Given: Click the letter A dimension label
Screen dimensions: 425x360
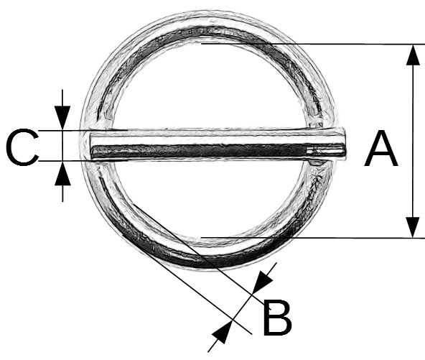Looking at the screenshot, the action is (x=381, y=149).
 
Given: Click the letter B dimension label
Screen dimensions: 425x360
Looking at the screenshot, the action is (x=277, y=317).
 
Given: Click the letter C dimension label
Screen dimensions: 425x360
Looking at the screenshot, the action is (x=22, y=147).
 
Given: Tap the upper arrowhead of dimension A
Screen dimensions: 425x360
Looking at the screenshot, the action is (x=413, y=55).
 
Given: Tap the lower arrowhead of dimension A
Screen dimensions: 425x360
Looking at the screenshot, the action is (x=413, y=227).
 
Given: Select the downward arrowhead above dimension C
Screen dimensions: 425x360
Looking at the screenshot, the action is (x=62, y=117).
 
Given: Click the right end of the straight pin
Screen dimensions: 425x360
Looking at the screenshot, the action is (x=345, y=143).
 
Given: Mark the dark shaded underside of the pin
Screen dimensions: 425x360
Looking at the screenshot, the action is (x=200, y=151).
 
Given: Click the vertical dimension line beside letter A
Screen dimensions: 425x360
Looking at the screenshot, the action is (x=413, y=141).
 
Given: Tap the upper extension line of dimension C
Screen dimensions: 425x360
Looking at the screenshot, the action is (x=83, y=131).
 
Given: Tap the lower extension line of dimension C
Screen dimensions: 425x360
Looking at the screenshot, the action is (x=83, y=161).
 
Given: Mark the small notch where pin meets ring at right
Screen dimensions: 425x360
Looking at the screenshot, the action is (x=315, y=162).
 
